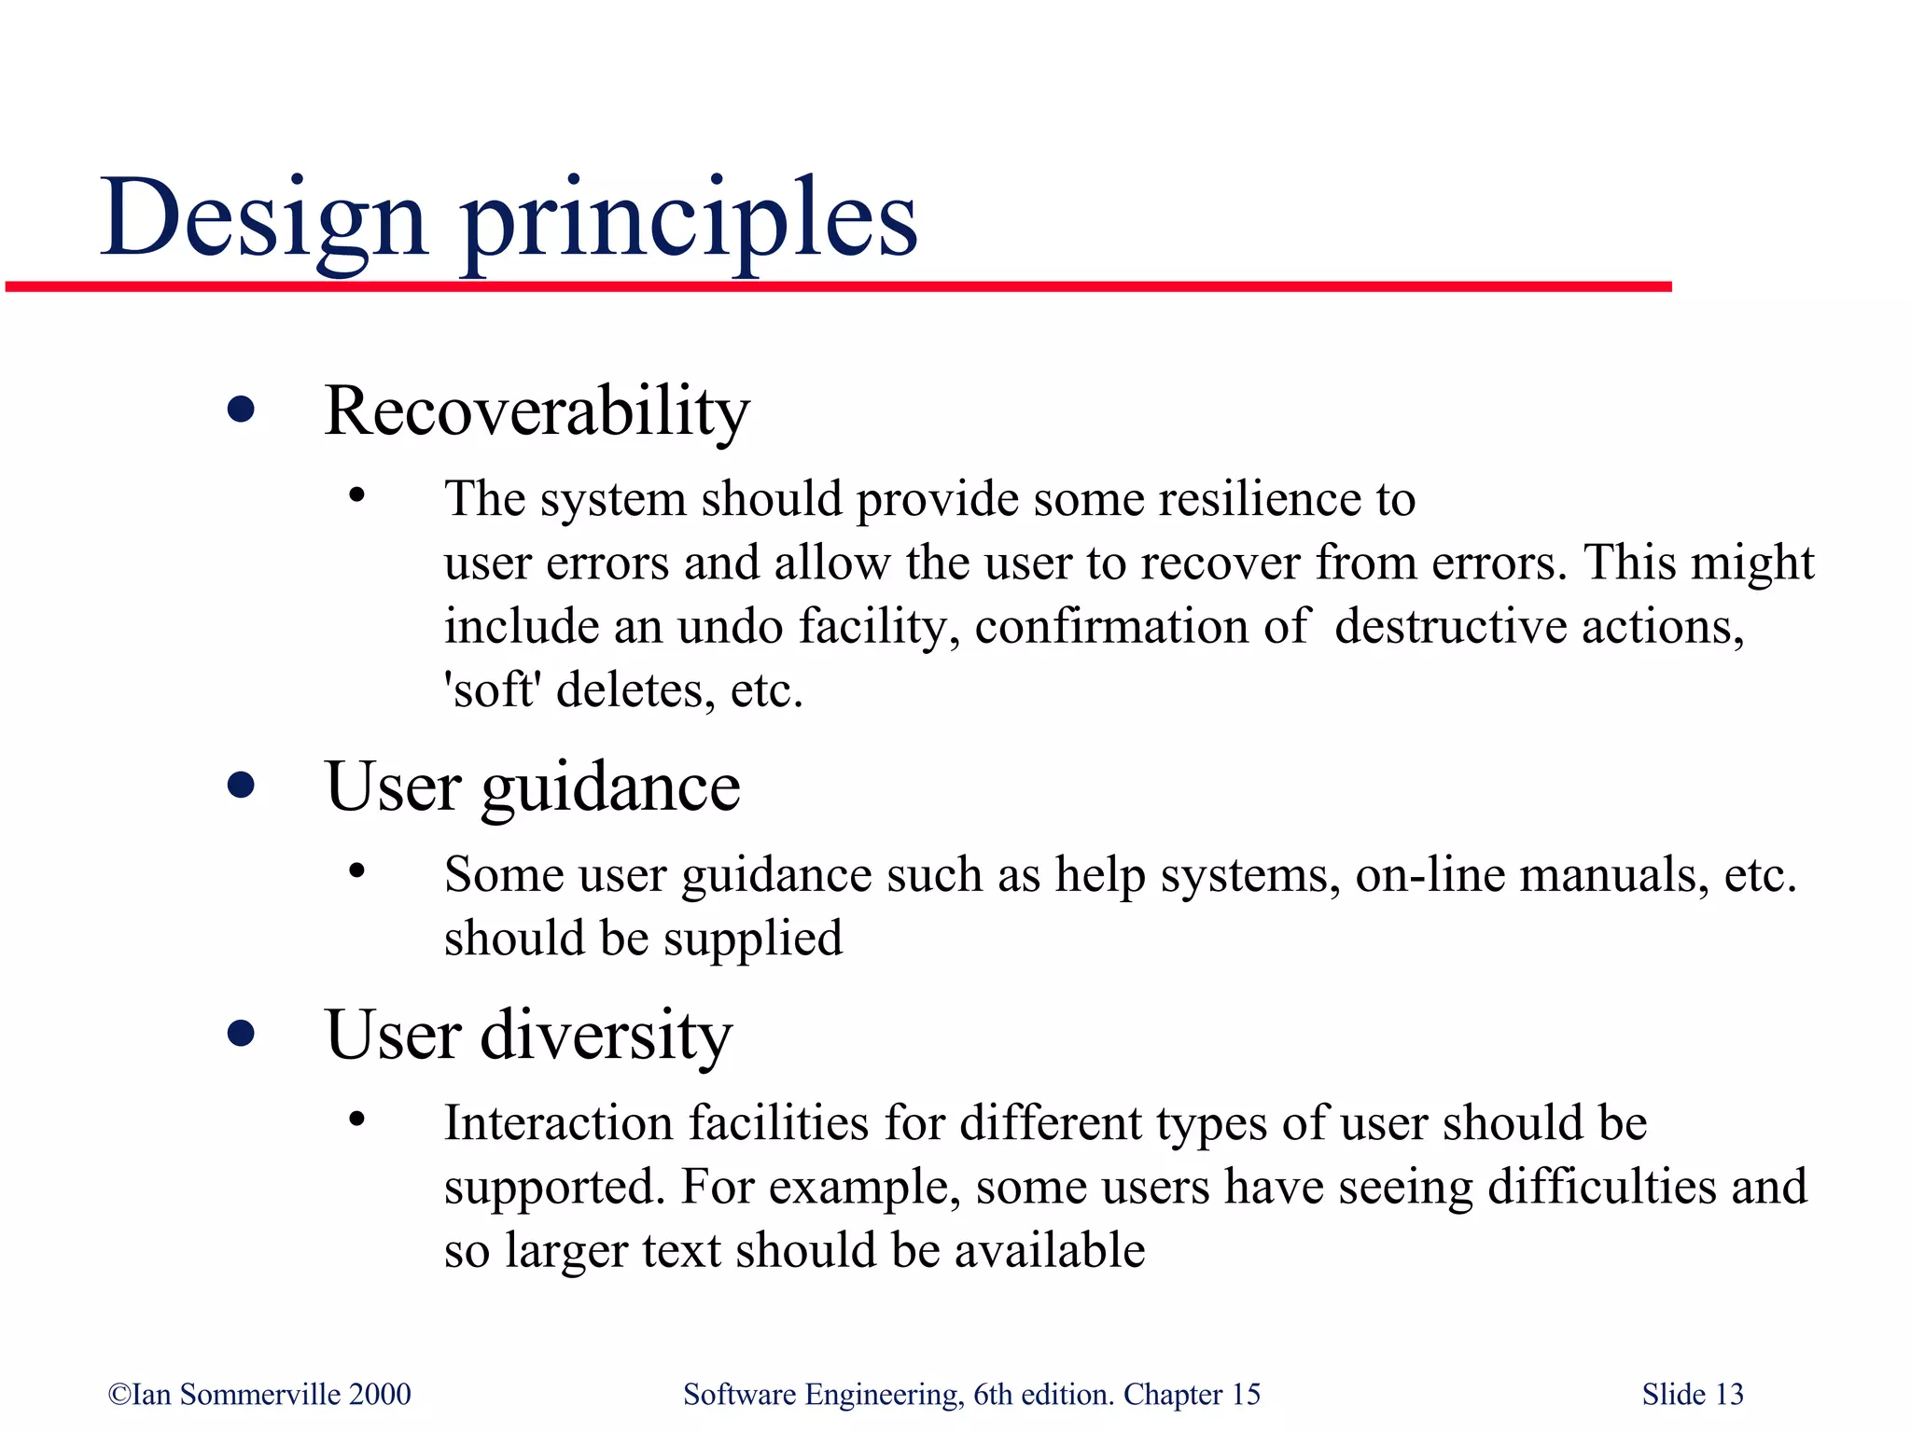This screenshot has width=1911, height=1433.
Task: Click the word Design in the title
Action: point(264,219)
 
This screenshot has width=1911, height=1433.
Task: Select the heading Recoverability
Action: point(537,410)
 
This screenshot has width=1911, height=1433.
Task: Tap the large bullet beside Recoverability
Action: point(241,410)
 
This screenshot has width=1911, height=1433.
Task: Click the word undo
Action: point(730,627)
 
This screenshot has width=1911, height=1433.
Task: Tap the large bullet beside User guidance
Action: point(241,786)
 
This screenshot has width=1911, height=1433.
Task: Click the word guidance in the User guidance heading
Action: point(610,788)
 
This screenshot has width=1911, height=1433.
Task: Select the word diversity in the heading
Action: point(606,1036)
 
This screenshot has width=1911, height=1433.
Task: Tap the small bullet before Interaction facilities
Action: point(356,1120)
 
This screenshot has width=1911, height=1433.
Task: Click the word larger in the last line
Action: point(565,1252)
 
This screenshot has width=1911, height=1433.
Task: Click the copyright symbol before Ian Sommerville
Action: point(119,1395)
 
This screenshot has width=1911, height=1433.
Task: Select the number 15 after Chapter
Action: point(1246,1395)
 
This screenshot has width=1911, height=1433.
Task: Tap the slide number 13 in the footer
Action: point(1729,1395)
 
